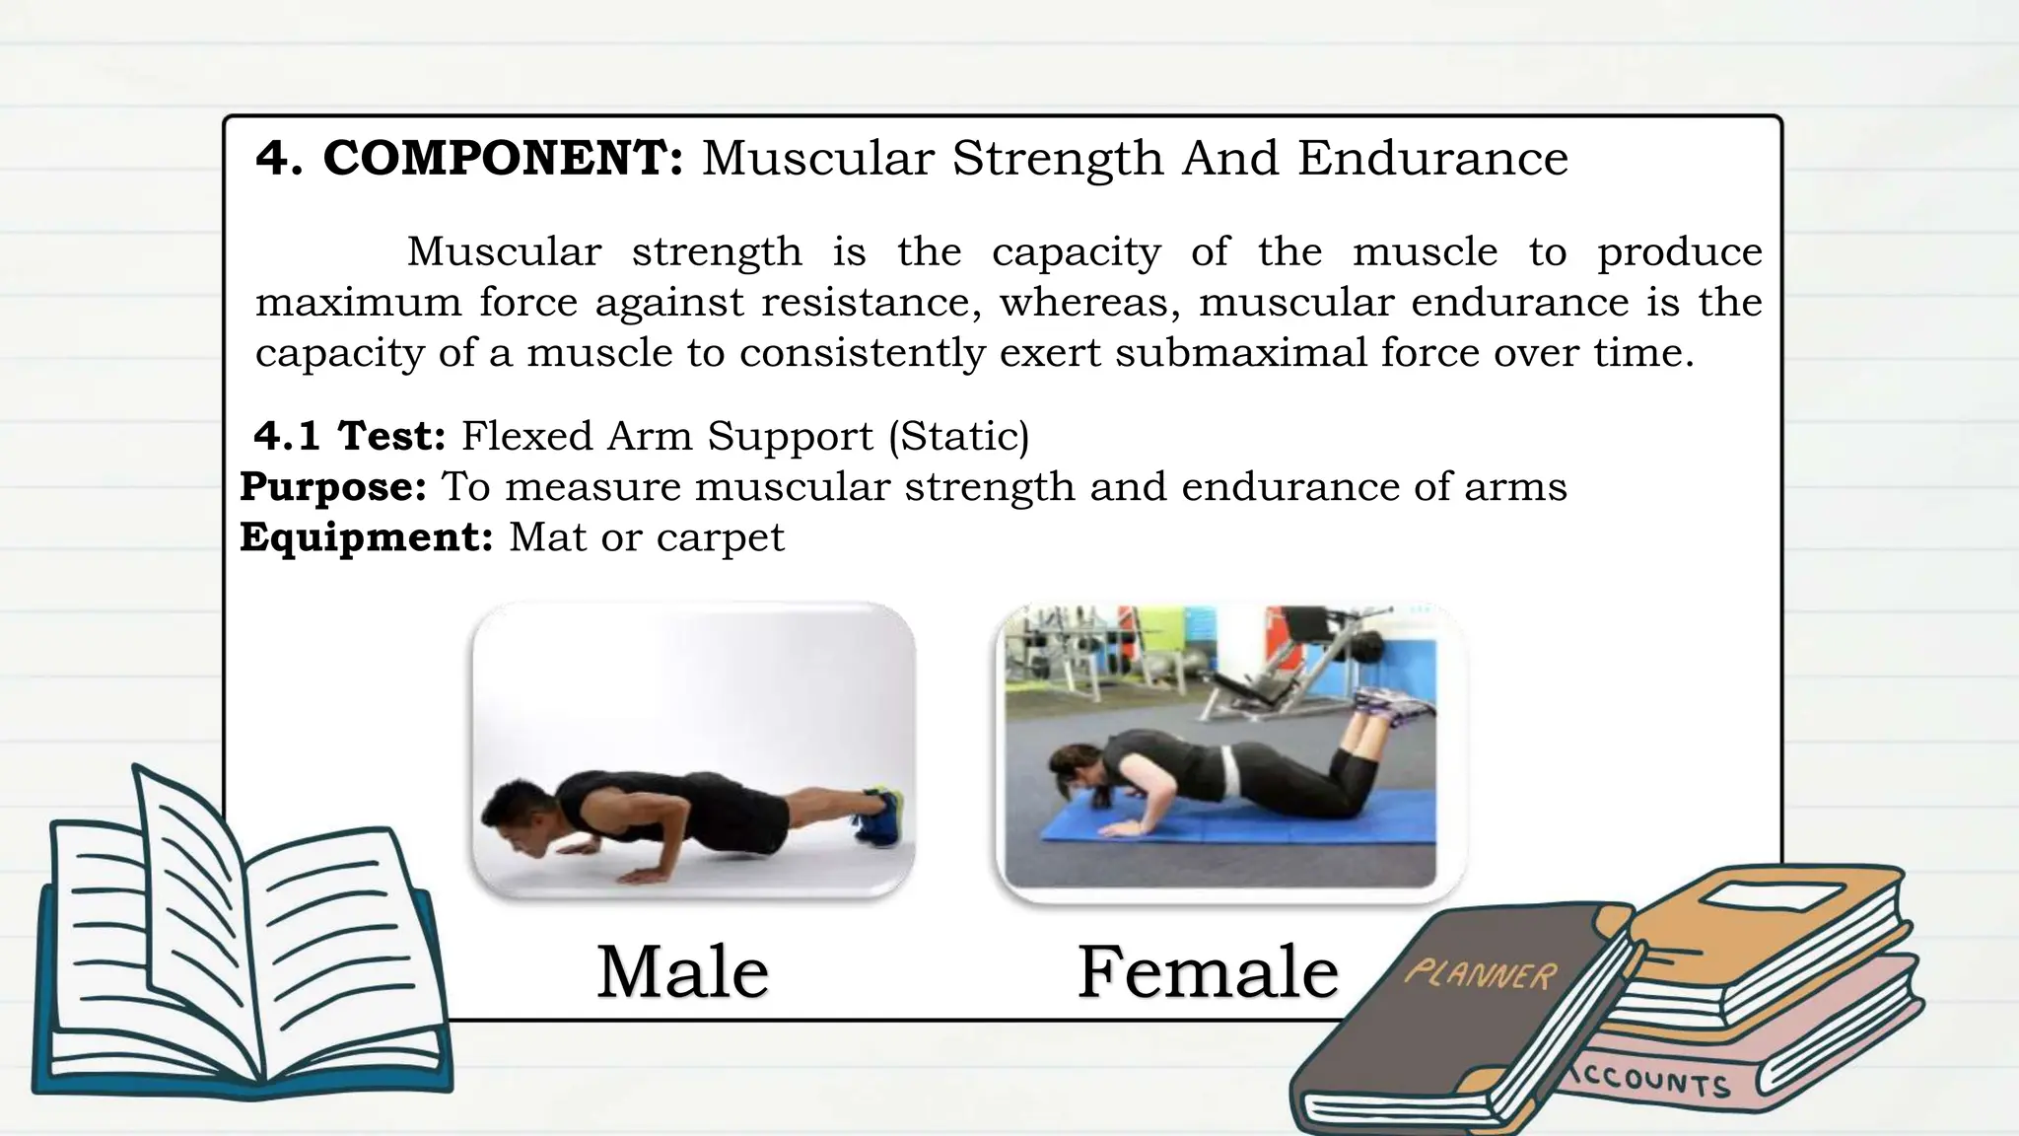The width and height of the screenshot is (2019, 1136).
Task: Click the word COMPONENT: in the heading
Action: pyautogui.click(x=503, y=158)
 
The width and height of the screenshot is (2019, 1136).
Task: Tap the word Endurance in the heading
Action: pyautogui.click(x=1432, y=158)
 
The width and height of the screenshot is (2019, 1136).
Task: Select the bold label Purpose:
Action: pyautogui.click(x=333, y=486)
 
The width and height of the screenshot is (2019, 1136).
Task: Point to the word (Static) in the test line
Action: pyautogui.click(x=958, y=436)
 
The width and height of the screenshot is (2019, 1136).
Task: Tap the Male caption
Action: pyautogui.click(x=682, y=972)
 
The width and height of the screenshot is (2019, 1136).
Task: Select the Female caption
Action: pyautogui.click(x=1208, y=972)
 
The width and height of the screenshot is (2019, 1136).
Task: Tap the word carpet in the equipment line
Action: pyautogui.click(x=720, y=537)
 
